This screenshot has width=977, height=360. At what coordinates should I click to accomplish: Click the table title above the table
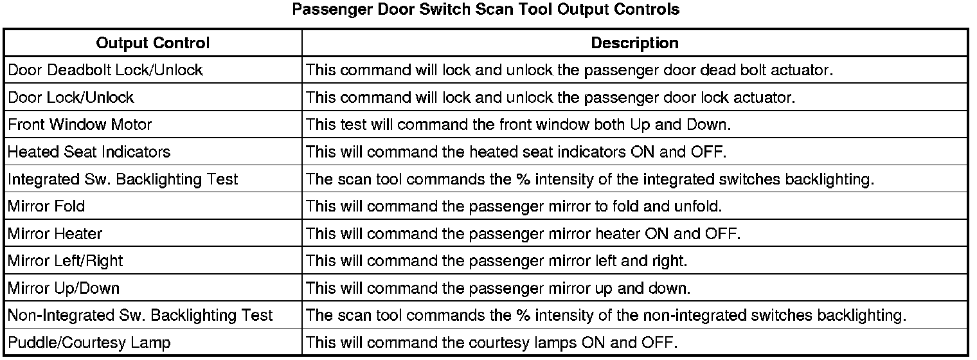[x=485, y=9]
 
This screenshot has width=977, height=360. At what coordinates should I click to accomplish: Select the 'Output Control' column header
[x=153, y=43]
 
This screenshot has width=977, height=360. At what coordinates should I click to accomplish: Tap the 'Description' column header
[x=634, y=43]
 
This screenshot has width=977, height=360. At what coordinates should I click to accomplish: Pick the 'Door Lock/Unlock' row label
[x=71, y=97]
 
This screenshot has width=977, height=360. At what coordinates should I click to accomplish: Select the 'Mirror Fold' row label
[x=46, y=206]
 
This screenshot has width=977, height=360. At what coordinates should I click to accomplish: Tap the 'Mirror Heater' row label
[x=55, y=234]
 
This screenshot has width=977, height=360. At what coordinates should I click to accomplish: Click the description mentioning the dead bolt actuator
[x=569, y=70]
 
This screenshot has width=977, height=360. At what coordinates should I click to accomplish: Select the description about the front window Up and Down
[x=518, y=124]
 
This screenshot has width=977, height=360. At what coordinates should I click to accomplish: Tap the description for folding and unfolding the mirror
[x=514, y=206]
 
